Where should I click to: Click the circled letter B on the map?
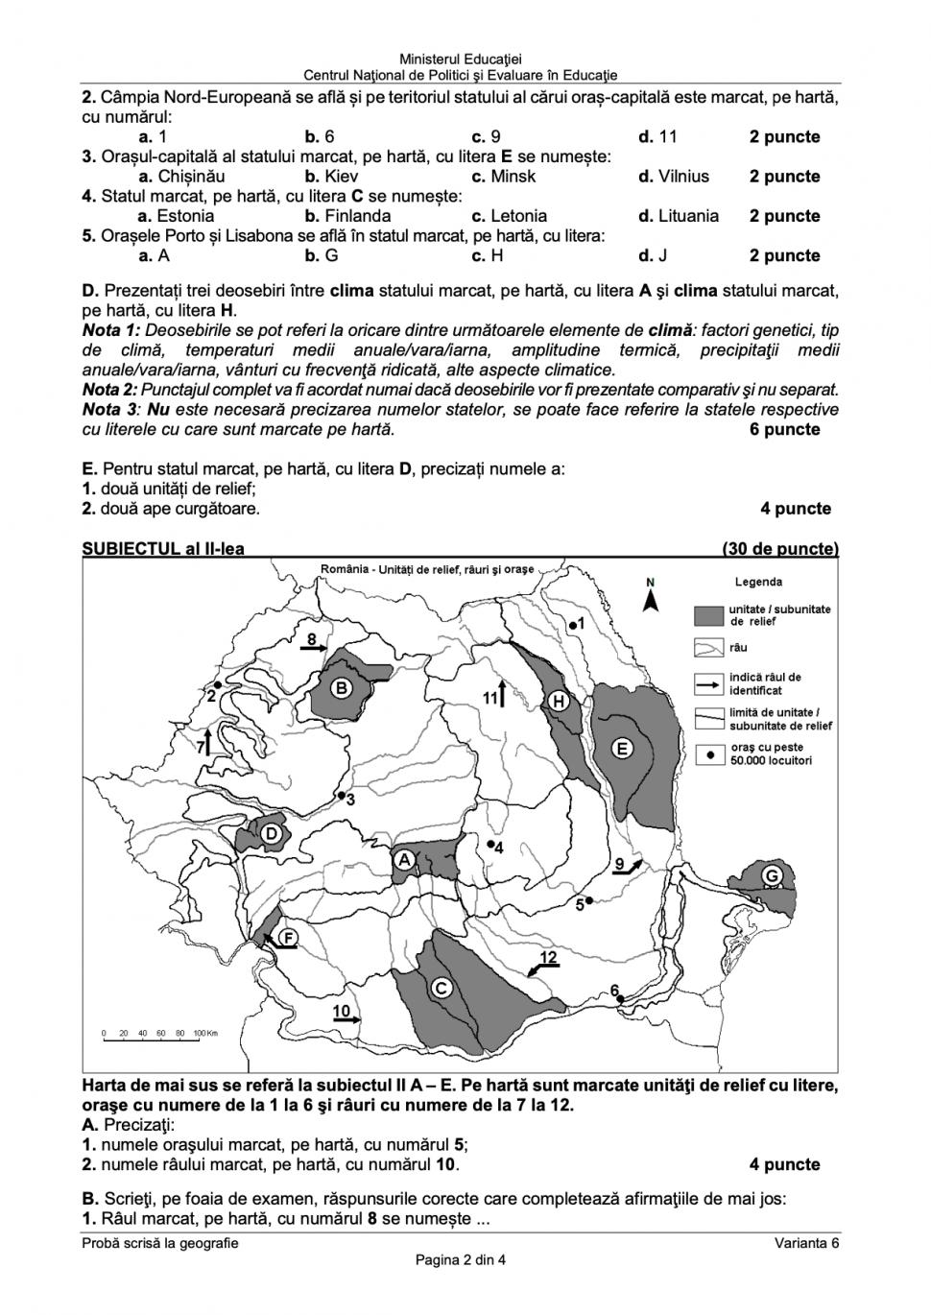tap(341, 688)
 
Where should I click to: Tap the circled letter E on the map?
tap(622, 749)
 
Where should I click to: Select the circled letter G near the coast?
tap(771, 875)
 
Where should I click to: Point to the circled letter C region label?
tap(442, 989)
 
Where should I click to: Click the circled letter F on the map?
tap(286, 937)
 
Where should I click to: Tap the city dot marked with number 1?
tap(572, 625)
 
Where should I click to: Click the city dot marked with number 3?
tap(341, 796)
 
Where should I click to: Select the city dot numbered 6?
tap(621, 999)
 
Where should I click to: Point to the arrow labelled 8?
tap(314, 648)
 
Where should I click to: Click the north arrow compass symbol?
tap(650, 599)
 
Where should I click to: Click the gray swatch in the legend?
tap(708, 615)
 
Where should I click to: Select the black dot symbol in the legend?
tap(710, 754)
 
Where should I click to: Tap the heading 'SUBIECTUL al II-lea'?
tap(163, 549)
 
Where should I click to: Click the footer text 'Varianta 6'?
tap(807, 1243)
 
